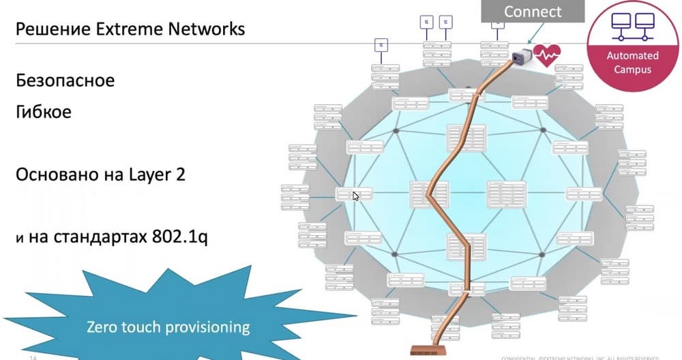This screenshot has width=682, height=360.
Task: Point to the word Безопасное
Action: pyautogui.click(x=65, y=80)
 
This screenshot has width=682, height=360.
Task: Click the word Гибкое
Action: pyautogui.click(x=43, y=111)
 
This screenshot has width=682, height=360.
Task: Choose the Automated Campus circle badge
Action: pyautogui.click(x=633, y=45)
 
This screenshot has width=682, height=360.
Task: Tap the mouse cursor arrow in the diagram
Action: pyautogui.click(x=355, y=196)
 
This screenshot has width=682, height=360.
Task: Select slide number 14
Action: pyautogui.click(x=32, y=357)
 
